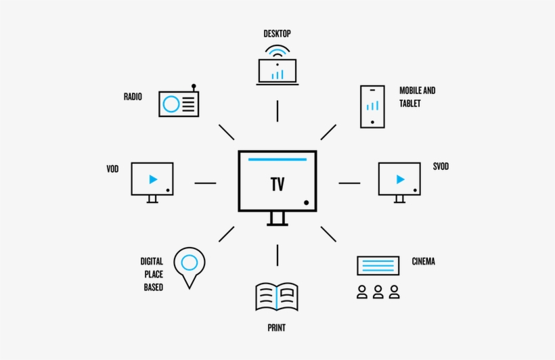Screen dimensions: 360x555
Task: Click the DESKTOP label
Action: point(277,33)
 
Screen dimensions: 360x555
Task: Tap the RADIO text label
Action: point(133,97)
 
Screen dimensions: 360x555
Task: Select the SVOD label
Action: point(441,166)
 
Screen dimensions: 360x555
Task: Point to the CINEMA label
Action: point(423,261)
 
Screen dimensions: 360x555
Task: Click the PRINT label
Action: point(276,328)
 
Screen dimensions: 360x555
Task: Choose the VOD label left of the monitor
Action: point(112,168)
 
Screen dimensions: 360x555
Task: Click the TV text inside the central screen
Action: point(277,184)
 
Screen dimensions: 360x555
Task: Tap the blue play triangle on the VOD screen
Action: point(153,179)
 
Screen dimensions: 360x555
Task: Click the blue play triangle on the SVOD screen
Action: point(400,179)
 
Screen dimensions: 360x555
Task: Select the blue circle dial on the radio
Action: point(171,104)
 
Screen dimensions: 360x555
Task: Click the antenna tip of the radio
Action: point(194,86)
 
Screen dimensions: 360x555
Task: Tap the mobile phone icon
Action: point(372,106)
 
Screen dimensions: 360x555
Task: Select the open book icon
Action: point(277,296)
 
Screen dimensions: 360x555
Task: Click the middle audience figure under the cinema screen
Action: point(378,292)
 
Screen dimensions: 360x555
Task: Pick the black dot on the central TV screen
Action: point(306,202)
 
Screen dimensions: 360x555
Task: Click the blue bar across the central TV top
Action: point(277,160)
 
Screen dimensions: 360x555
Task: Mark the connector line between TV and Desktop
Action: point(277,110)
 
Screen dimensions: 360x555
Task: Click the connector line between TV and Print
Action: point(277,254)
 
